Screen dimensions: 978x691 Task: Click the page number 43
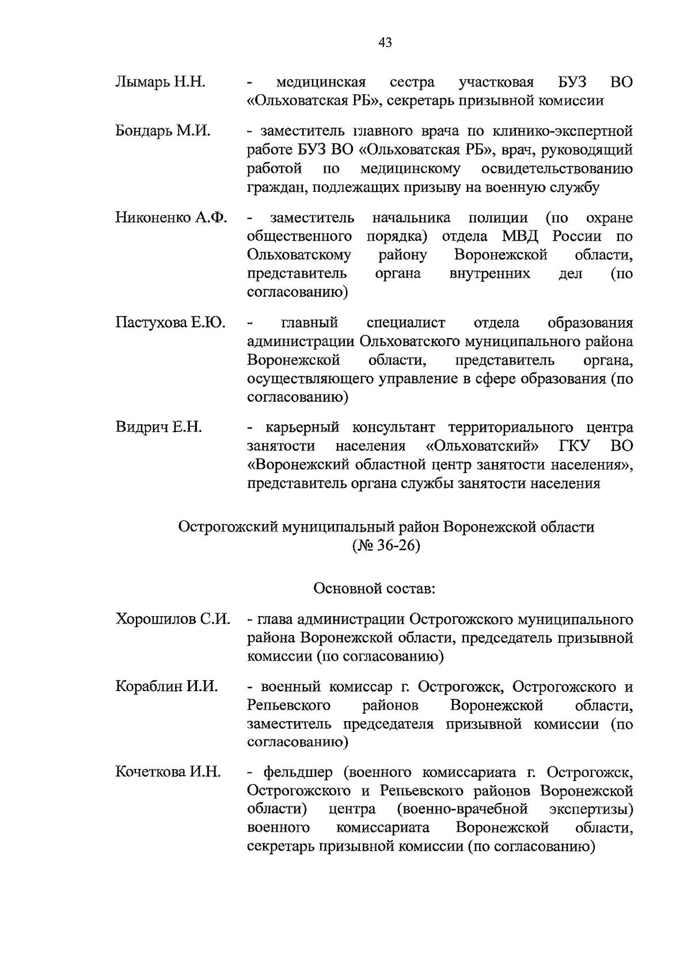tap(385, 42)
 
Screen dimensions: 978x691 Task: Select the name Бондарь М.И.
tap(163, 131)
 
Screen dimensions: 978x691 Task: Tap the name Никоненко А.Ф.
tap(171, 218)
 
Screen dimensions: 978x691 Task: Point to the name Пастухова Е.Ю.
tap(170, 323)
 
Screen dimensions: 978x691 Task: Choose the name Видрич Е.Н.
tap(158, 427)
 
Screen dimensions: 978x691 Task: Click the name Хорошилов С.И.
tap(173, 620)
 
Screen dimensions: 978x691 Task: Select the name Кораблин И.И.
tap(166, 687)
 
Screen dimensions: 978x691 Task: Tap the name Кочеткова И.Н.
tap(168, 772)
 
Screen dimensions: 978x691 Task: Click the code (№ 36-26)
tap(386, 545)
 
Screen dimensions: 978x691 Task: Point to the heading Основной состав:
tap(374, 589)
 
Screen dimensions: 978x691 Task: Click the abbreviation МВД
tap(523, 237)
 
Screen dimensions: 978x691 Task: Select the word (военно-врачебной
tap(462, 809)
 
